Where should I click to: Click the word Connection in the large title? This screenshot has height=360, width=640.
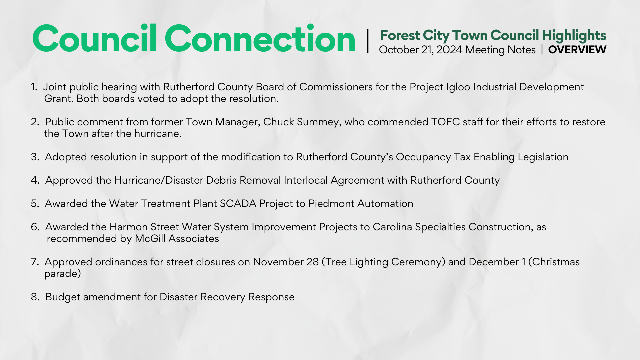click(260, 39)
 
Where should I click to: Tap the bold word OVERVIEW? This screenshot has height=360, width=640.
click(577, 50)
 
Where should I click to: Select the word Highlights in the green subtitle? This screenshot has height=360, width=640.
click(574, 36)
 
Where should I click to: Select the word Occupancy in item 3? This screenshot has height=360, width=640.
click(423, 157)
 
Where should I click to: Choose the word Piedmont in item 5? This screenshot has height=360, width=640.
click(331, 203)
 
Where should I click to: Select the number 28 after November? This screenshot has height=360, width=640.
click(313, 262)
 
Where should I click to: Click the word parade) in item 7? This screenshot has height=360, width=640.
click(63, 274)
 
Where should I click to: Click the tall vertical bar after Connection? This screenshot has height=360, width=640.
click(368, 41)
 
